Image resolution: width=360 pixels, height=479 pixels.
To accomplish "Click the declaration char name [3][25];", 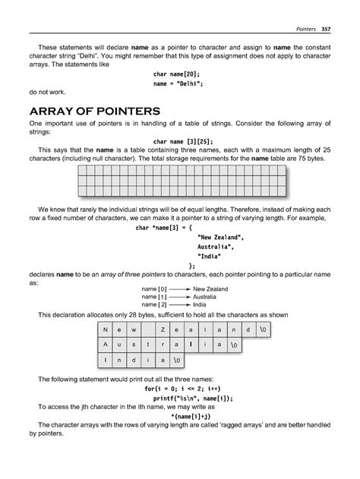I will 179,141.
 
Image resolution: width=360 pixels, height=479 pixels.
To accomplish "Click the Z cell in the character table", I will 163,330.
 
